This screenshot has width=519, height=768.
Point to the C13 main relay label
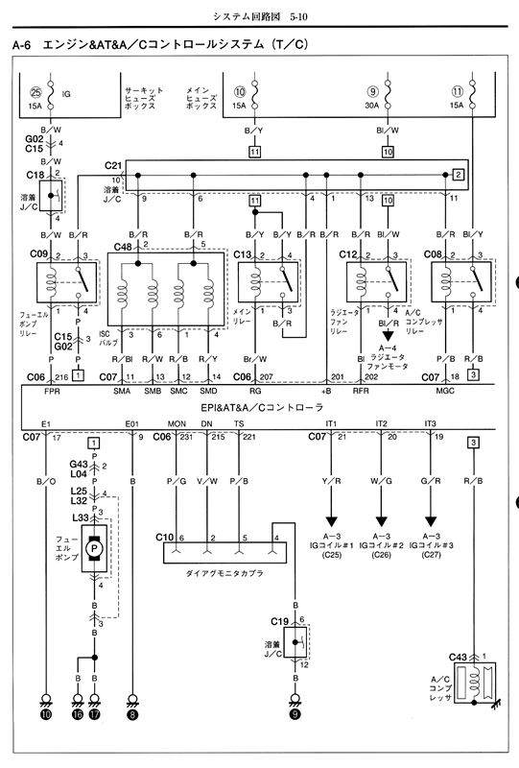(x=245, y=254)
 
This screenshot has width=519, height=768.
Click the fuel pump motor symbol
(x=94, y=548)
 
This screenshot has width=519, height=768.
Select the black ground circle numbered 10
(x=44, y=713)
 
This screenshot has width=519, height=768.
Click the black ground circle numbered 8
(x=132, y=713)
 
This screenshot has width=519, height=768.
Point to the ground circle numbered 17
(x=94, y=713)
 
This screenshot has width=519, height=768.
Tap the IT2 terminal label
(x=382, y=423)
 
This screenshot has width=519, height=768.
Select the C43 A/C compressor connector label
(x=458, y=657)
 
